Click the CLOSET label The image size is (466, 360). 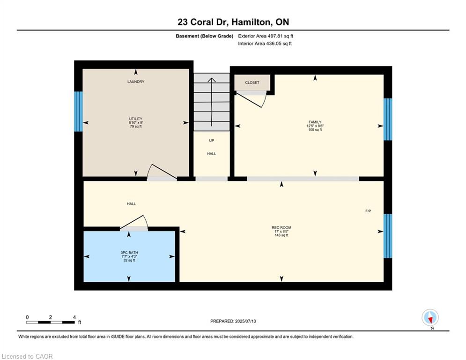(252, 82)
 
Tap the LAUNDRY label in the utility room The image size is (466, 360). (136, 82)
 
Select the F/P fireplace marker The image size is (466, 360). (368, 211)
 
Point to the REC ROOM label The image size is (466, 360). (281, 228)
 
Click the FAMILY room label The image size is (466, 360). (315, 122)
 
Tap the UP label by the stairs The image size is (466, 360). (212, 140)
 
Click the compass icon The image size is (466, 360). (429, 317)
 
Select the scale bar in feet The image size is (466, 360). (51, 322)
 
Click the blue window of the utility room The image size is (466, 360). (78, 112)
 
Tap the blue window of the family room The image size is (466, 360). (388, 119)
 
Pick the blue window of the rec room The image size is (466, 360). (388, 236)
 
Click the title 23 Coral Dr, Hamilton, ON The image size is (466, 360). (233, 22)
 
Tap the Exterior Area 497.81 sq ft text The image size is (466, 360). (266, 36)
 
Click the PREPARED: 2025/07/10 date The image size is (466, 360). (233, 321)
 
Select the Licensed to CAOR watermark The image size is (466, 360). (27, 356)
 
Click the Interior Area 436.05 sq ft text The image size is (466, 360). (265, 44)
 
